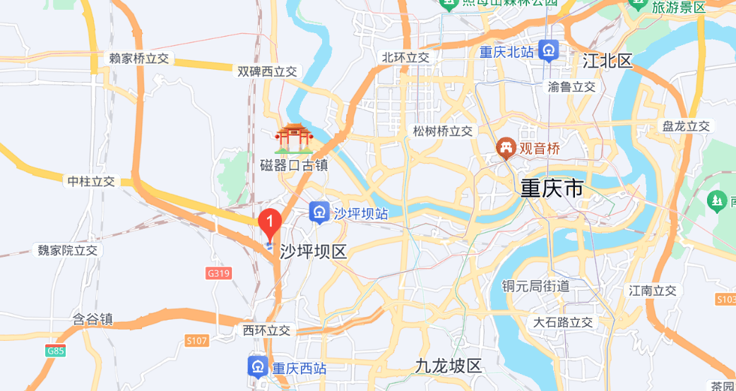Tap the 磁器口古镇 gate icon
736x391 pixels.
click(293, 139)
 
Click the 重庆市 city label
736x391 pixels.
click(552, 188)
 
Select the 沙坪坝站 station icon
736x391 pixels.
click(319, 212)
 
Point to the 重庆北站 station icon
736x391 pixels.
click(549, 51)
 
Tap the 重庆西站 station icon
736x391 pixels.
click(257, 367)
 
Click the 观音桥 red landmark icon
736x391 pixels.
click(506, 148)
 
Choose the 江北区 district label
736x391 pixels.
click(607, 61)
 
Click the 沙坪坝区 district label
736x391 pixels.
click(314, 251)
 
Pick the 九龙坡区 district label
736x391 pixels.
click(448, 366)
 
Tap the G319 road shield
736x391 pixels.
click(219, 273)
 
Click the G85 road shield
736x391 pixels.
click(54, 351)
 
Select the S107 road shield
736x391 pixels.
click(197, 341)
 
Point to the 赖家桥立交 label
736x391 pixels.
click(139, 59)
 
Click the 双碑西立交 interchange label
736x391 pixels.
click(267, 71)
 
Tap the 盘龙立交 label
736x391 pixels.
click(686, 126)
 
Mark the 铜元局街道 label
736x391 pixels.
click(535, 286)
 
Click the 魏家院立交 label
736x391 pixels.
click(67, 250)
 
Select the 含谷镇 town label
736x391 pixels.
click(93, 318)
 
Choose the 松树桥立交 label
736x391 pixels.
click(443, 131)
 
